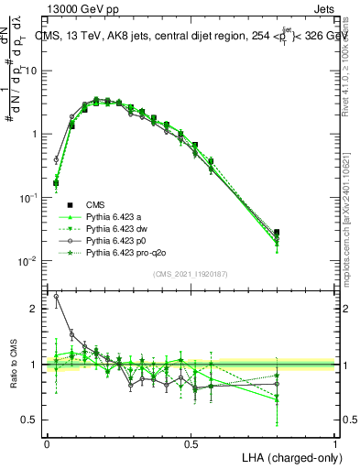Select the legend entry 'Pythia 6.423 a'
point(116,216)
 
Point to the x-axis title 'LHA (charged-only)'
point(289,455)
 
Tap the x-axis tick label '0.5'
point(191,443)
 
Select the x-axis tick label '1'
point(335,443)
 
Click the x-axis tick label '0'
point(47,443)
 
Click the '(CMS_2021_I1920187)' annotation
point(191,273)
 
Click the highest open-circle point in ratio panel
point(56,296)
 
